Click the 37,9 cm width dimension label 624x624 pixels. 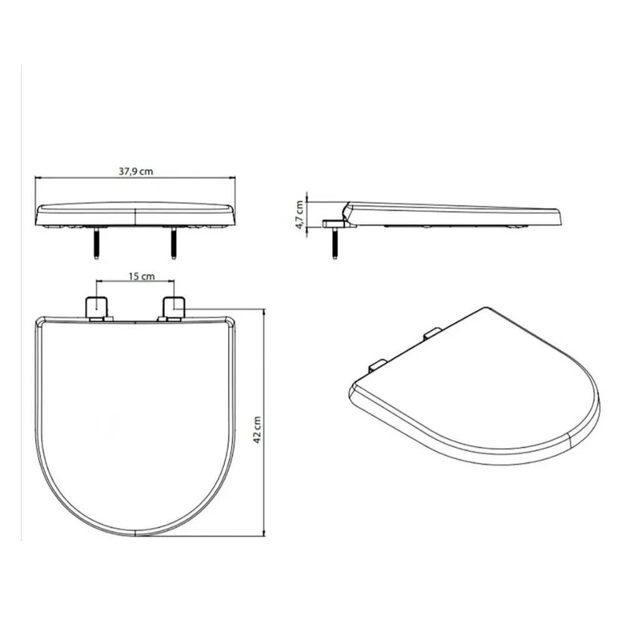pyautogui.click(x=135, y=172)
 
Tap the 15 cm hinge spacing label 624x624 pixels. pyautogui.click(x=141, y=276)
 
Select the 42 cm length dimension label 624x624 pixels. pyautogui.click(x=257, y=430)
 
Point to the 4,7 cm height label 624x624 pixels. pyautogui.click(x=300, y=215)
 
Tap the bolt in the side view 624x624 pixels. pyautogui.click(x=334, y=243)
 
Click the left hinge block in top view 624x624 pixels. pyautogui.click(x=97, y=306)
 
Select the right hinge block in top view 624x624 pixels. pyautogui.click(x=173, y=306)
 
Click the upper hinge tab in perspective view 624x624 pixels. pyautogui.click(x=432, y=333)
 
